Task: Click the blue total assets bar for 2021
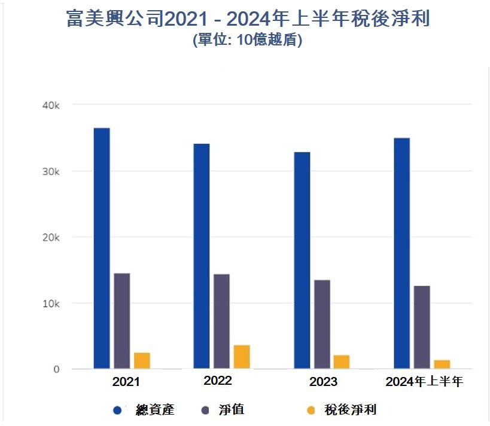pos(102,248)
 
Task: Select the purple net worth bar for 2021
pos(122,321)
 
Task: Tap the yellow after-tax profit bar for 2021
pos(142,360)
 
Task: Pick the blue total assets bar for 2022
pos(202,256)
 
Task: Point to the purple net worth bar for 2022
pos(221,321)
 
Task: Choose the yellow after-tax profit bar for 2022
pos(242,357)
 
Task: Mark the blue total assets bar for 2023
pos(302,260)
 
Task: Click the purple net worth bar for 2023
pos(322,324)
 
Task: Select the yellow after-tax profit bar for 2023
pos(342,361)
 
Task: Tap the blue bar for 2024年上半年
pos(402,253)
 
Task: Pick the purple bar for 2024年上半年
pos(422,327)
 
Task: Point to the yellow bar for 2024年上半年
pos(442,364)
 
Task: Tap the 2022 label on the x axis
pos(218,381)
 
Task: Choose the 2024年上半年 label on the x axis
pos(424,381)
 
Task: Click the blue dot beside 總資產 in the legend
pos(117,410)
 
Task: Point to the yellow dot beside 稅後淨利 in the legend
pos(310,410)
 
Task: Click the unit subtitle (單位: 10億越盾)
pos(247,42)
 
